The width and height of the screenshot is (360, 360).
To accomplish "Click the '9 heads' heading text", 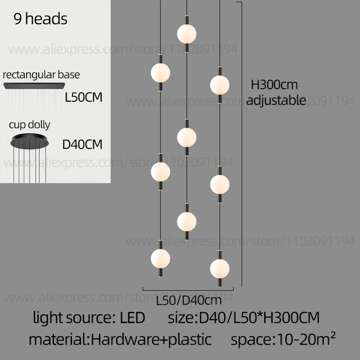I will pos(40,19).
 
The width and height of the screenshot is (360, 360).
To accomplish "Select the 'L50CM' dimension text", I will pos(84,97).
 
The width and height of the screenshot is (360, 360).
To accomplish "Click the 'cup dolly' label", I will pos(30,124).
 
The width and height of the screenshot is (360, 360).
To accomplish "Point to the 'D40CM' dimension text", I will pos(82,144).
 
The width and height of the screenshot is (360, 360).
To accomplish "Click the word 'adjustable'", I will pos(276,100).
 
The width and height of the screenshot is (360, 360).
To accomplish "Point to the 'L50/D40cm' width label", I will pos(189,300).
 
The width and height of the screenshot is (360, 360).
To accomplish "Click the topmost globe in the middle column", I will pos(187,33).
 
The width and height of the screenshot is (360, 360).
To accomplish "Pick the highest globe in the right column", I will pos(220,85).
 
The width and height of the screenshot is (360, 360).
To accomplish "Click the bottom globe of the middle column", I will pos(187,220).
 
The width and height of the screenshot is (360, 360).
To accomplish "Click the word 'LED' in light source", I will pos(133,318).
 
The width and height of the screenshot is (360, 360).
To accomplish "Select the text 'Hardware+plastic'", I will pos(151,339).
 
